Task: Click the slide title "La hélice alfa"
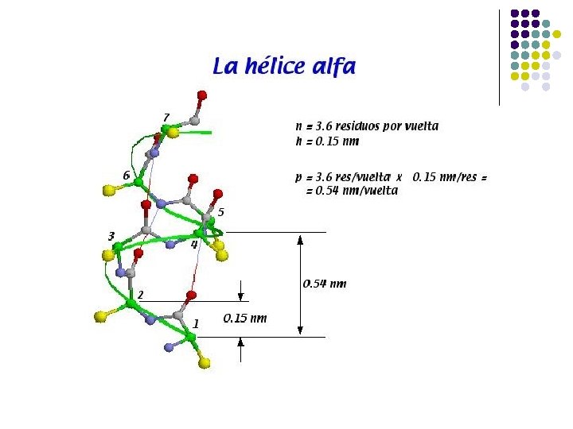click(x=283, y=66)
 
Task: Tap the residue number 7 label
click(x=166, y=118)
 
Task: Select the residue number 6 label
click(x=126, y=175)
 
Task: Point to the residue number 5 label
click(x=220, y=212)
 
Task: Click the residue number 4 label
click(x=193, y=245)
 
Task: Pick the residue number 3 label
click(x=111, y=236)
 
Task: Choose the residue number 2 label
click(x=140, y=295)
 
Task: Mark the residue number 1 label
click(x=196, y=324)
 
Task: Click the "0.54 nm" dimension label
click(x=325, y=284)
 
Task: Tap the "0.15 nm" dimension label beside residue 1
click(x=245, y=319)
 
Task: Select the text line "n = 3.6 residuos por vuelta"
click(x=366, y=126)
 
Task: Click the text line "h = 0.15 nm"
click(x=326, y=141)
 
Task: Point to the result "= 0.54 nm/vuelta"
click(x=352, y=191)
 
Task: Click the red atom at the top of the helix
click(x=201, y=95)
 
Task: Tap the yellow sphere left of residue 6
click(x=109, y=191)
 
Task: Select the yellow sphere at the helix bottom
click(x=205, y=363)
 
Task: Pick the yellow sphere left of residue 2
click(x=99, y=317)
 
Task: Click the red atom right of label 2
click(x=191, y=296)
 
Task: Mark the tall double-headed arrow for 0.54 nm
click(x=300, y=284)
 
